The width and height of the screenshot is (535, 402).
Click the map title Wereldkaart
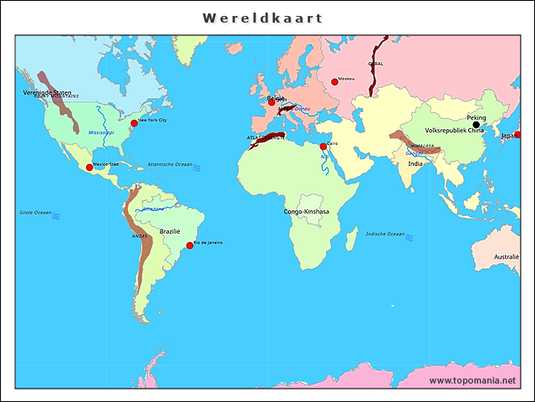pos(262,18)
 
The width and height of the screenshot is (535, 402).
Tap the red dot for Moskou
pos(335,81)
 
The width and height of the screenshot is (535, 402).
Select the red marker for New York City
pos(134,123)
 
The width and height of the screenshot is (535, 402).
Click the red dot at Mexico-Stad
pos(89,167)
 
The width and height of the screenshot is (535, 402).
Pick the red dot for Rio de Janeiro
pos(190,245)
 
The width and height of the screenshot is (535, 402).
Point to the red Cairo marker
pos(324,147)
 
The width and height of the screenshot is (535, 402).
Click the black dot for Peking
pos(476,125)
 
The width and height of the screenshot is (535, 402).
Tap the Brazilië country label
pos(170,231)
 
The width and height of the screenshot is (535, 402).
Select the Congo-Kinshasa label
pos(306,212)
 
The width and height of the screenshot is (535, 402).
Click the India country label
pos(415,164)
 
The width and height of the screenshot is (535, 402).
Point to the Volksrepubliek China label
pos(454,131)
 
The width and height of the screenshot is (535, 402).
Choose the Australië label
pos(506,257)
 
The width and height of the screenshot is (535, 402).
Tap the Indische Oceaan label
pos(385,234)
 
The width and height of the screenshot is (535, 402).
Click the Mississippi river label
pos(101,132)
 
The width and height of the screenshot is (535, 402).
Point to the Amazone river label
pos(153,208)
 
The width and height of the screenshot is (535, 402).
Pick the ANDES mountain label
pos(140,236)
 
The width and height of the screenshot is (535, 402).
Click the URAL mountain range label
pos(375,64)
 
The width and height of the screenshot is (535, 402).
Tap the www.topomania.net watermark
pos(472,380)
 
